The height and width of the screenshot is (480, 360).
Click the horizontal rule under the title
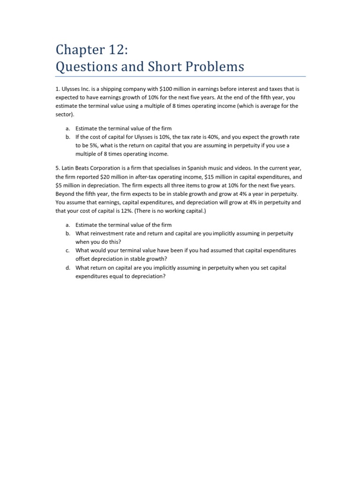[x=180, y=76]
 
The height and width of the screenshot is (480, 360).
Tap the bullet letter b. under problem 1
[x=68, y=137]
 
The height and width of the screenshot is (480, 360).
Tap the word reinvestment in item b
[x=107, y=233]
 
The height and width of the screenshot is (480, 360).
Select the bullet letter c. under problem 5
[x=68, y=250]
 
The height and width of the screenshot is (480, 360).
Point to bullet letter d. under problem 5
[x=68, y=267]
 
